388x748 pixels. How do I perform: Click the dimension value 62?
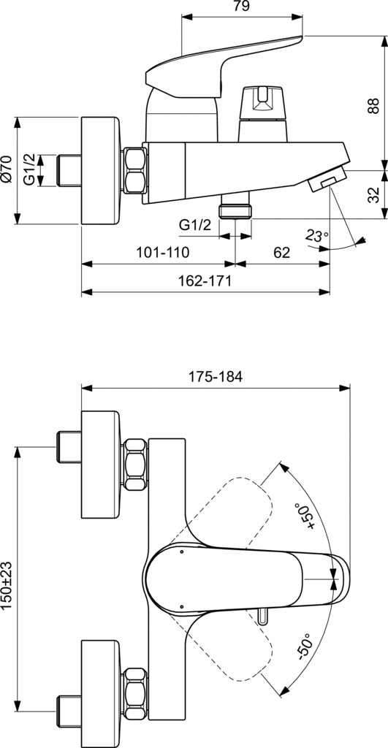click(281, 253)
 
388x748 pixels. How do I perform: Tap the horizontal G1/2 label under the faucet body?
click(195, 226)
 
